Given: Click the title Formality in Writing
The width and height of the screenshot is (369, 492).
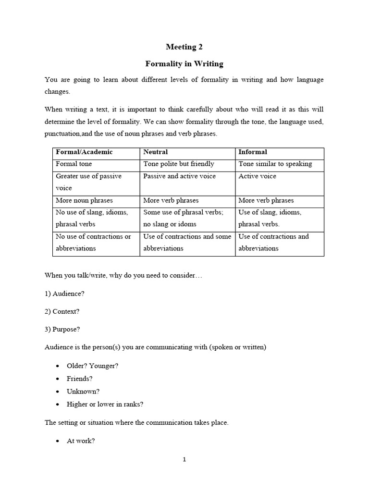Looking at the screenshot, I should point(184,63).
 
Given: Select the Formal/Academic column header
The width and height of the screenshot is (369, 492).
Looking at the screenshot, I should point(84,152).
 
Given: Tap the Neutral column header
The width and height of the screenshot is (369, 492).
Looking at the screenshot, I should point(156,152).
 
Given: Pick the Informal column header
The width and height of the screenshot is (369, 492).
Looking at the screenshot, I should point(253,152).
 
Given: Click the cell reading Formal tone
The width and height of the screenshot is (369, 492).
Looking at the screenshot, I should point(74,164).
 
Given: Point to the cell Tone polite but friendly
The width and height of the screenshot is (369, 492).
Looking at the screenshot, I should point(178,164).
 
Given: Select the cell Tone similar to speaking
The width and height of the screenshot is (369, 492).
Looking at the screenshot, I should point(275,164).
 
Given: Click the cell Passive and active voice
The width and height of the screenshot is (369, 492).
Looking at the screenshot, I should point(179,176).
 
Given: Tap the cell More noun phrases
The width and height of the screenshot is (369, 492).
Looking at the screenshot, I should point(81,200).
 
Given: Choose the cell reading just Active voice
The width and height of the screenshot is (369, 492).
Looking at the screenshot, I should point(258,176).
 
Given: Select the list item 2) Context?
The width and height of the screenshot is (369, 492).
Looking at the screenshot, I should point(62,311).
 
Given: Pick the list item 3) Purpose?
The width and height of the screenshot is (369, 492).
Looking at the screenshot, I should point(62,329).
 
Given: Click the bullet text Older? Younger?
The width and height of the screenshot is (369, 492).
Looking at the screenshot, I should point(92,366).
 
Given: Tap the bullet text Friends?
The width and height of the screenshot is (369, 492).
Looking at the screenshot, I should point(80,379).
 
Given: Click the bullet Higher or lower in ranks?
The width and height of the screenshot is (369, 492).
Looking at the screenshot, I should point(105,405).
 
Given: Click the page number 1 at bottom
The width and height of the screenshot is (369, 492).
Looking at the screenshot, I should point(184,459).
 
